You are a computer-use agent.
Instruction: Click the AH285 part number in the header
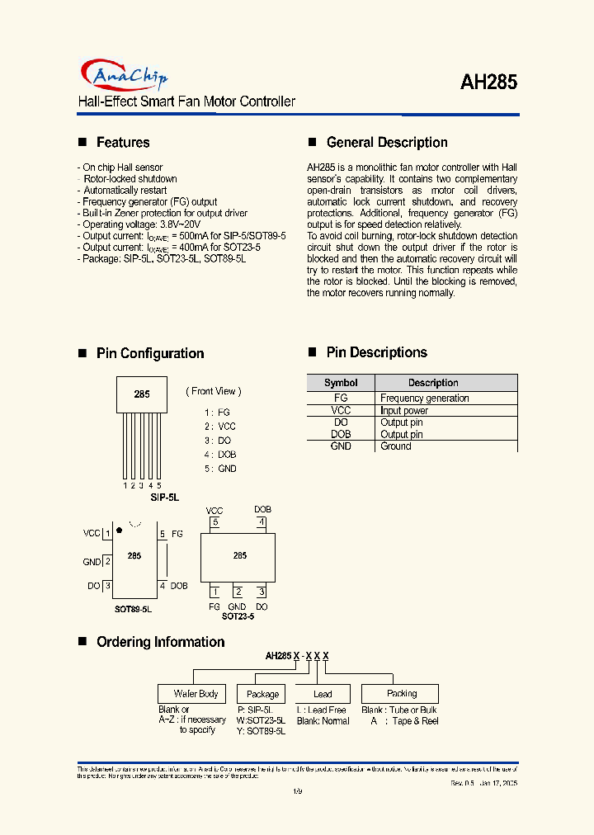pos(488,83)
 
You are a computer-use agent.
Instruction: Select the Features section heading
pos(123,143)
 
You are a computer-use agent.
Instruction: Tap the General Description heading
pos(387,143)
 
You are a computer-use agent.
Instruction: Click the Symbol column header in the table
pos(341,383)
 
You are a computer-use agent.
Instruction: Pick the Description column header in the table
pos(433,383)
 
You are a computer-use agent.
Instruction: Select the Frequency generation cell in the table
pos(425,398)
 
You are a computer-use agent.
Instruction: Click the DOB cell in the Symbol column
pos(341,434)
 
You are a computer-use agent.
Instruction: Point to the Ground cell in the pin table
pos(396,446)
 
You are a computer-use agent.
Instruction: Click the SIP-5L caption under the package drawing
pos(164,498)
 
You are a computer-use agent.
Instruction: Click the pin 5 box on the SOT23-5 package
pos(215,522)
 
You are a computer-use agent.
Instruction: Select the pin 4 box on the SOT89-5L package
pos(163,586)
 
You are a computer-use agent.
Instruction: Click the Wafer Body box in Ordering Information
pos(196,694)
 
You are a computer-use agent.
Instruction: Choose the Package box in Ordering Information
pos(262,695)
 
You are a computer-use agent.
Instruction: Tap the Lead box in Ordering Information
pos(323,695)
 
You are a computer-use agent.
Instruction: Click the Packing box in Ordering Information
pos(401,694)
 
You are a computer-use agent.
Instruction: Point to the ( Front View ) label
pos(213,391)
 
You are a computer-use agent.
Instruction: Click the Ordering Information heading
pos(160,642)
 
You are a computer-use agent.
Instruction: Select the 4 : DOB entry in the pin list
pos(220,455)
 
